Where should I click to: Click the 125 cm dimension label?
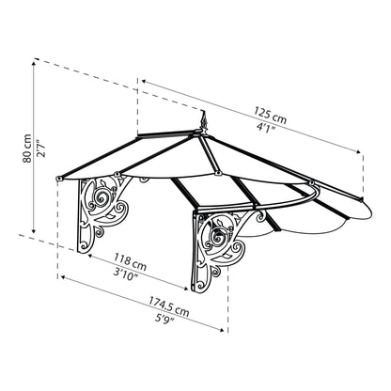(270, 116)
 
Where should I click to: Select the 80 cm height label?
(27, 149)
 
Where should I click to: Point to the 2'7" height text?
(40, 148)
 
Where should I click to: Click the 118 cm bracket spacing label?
(130, 262)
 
